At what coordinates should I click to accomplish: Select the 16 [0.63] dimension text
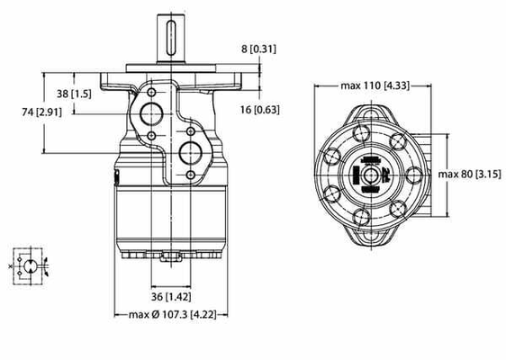(x=259, y=110)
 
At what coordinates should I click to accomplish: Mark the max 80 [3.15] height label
(x=470, y=173)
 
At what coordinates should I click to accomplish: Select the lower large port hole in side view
(x=190, y=149)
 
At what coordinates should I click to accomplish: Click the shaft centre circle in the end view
(x=371, y=173)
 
